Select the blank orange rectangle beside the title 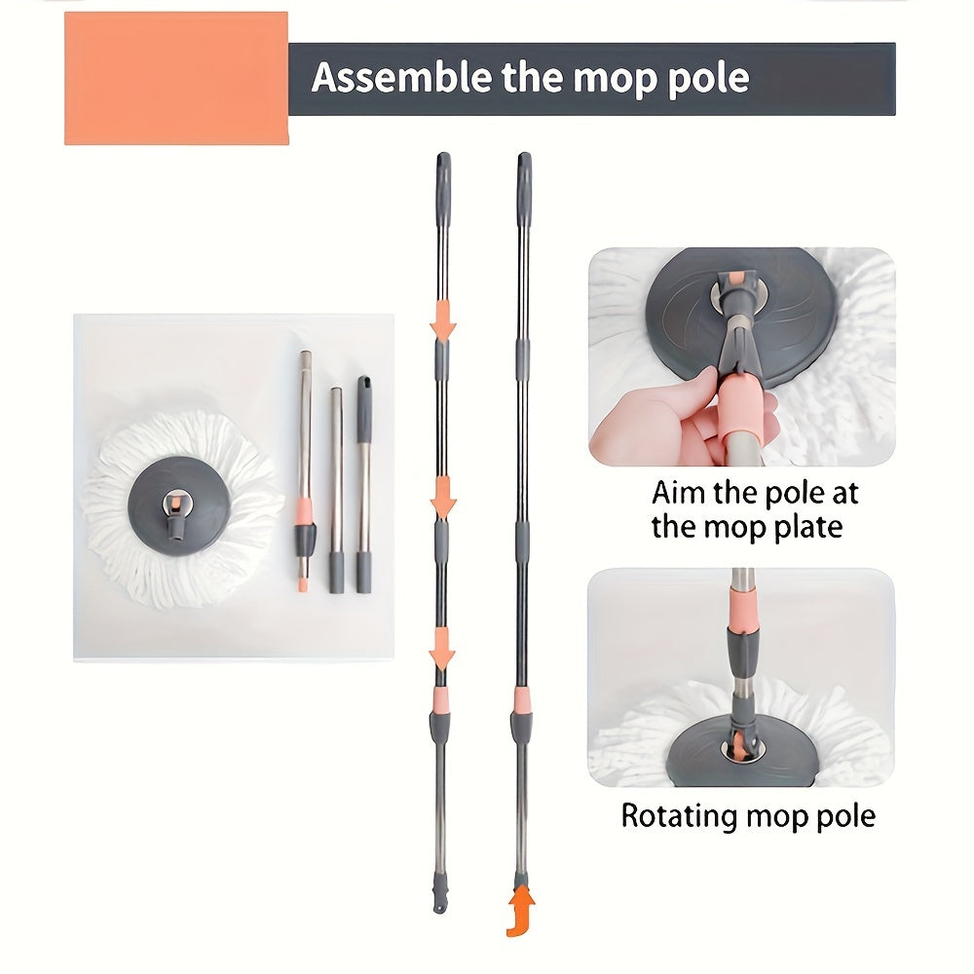pos(176,78)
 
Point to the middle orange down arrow pos(443,500)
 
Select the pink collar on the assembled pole pos(523,699)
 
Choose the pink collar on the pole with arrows pos(442,699)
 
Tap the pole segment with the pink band pos(305,468)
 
